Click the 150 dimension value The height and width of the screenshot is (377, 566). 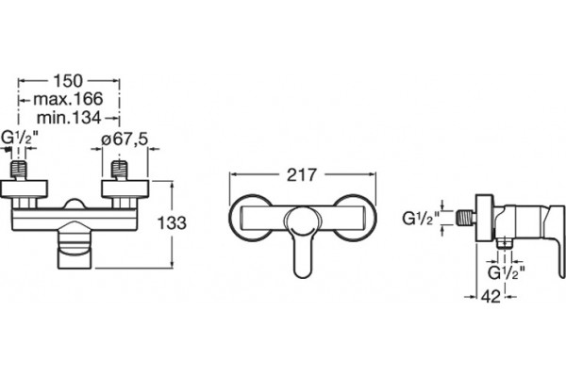68,81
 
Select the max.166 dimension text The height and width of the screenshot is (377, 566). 68,99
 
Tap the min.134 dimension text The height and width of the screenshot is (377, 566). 69,117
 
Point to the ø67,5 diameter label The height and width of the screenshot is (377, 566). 125,139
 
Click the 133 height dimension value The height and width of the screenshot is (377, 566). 172,223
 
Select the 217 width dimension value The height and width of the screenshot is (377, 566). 302,175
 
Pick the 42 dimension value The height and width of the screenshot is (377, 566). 491,297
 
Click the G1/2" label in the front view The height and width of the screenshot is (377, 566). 20,139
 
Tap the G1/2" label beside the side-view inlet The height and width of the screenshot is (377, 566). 421,219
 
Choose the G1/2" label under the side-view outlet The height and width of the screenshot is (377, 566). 506,273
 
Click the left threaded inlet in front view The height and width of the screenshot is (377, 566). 19,170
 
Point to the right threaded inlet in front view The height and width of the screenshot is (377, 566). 120,170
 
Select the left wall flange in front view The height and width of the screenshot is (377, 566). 24,188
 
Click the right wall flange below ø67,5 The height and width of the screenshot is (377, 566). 125,188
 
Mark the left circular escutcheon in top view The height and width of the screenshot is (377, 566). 250,218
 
